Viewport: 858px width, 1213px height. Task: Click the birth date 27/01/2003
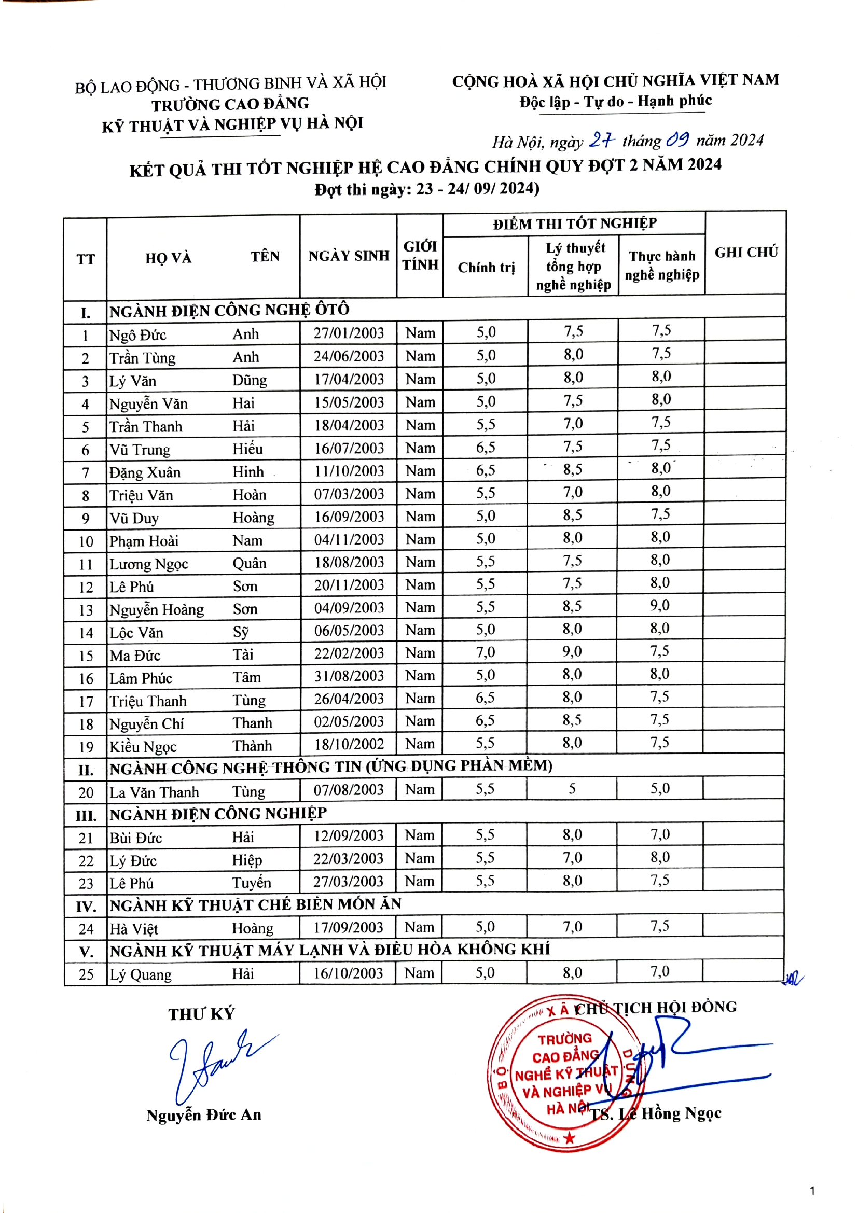[349, 333]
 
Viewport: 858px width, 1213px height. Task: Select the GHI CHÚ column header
[746, 253]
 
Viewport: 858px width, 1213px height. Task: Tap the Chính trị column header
[486, 268]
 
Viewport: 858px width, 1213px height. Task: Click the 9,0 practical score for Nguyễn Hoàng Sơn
[660, 605]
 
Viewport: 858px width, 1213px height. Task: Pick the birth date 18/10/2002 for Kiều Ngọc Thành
[349, 744]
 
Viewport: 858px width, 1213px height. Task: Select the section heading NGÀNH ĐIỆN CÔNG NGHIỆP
[218, 814]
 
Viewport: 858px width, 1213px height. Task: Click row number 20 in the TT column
[86, 792]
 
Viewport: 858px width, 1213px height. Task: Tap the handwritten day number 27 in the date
[602, 140]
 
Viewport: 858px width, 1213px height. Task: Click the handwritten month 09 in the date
[677, 140]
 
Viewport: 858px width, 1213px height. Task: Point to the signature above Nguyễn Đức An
[217, 1065]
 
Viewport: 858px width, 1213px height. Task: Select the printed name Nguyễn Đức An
[204, 1115]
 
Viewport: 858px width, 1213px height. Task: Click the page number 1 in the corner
[812, 1191]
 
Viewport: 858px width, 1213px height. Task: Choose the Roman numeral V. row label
[86, 952]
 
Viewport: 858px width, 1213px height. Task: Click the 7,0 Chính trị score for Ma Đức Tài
[486, 652]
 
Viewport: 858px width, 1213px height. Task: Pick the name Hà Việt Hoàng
[191, 929]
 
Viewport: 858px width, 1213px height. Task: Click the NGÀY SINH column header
[349, 256]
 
